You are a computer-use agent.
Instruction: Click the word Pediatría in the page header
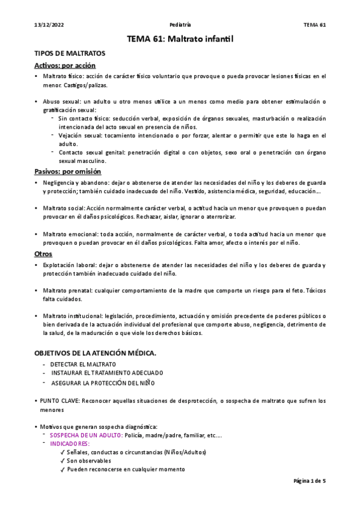point(180,25)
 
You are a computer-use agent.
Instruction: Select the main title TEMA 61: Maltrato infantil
point(180,39)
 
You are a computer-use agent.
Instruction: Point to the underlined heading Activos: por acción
point(65,66)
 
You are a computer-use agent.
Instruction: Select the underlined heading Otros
point(43,254)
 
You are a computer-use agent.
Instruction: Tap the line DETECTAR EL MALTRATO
point(83,364)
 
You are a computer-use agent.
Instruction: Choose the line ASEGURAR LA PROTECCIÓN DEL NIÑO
point(103,382)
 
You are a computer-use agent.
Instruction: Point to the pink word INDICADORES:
point(69,443)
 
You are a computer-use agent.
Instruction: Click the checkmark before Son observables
point(63,461)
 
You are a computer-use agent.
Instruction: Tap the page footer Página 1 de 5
point(309,481)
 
